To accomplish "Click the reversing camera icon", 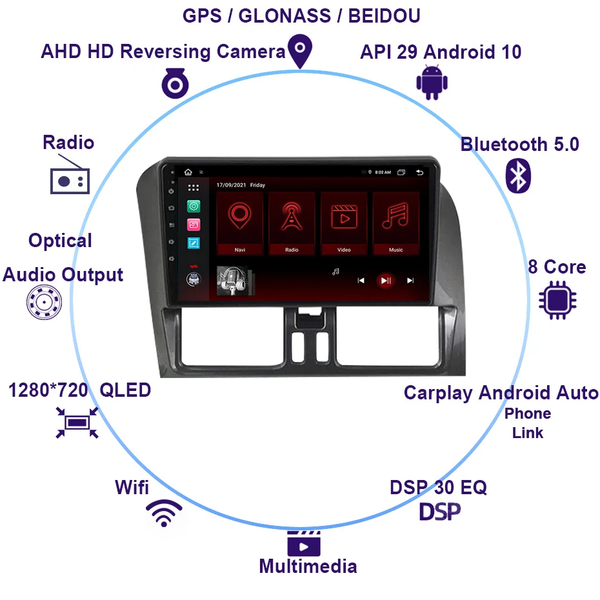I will [x=174, y=83].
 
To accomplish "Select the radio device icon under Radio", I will [x=70, y=180].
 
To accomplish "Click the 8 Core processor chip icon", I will [x=558, y=300].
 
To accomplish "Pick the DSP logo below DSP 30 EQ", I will [x=440, y=512].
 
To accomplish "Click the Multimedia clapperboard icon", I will [x=304, y=544].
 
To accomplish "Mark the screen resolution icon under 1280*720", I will [x=77, y=422].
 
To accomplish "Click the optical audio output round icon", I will [x=44, y=303].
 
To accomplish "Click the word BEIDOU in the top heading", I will [x=384, y=15].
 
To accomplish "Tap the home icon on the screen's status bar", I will [x=188, y=172].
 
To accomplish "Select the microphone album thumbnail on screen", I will [x=234, y=281].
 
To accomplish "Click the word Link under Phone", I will [x=528, y=433].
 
